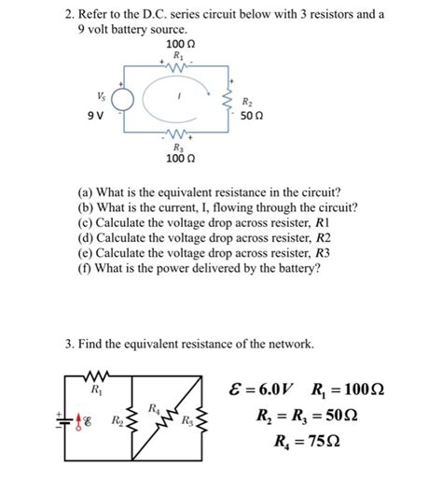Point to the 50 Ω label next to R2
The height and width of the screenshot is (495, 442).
point(252,117)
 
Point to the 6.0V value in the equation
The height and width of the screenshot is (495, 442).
point(283,388)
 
